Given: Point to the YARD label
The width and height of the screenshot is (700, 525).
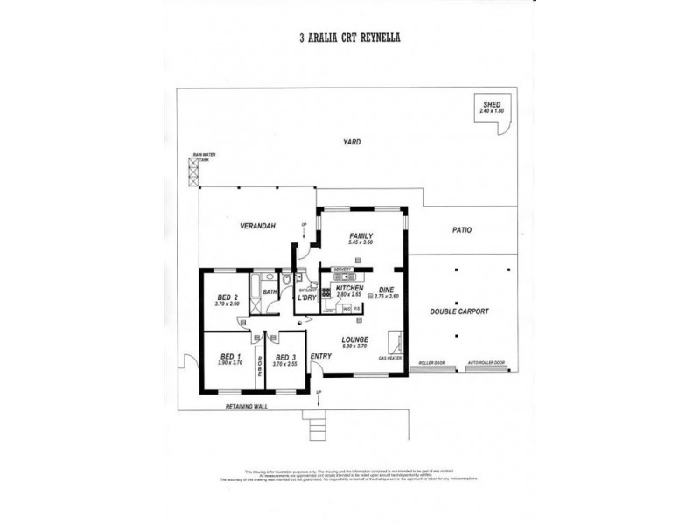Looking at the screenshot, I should click(352, 142).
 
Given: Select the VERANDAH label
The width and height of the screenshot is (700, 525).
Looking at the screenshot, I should click(259, 226).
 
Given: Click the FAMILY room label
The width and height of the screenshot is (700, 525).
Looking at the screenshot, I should click(361, 236).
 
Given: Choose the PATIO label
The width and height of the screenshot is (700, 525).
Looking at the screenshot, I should click(462, 230).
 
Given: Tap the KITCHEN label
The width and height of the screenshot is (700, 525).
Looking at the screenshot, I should click(349, 288).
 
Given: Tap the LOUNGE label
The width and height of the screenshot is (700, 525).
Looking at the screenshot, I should click(355, 339).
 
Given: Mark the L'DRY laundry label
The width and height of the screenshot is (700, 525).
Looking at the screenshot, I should click(306, 297).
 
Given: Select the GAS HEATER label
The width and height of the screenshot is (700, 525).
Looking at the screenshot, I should click(389, 360).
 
